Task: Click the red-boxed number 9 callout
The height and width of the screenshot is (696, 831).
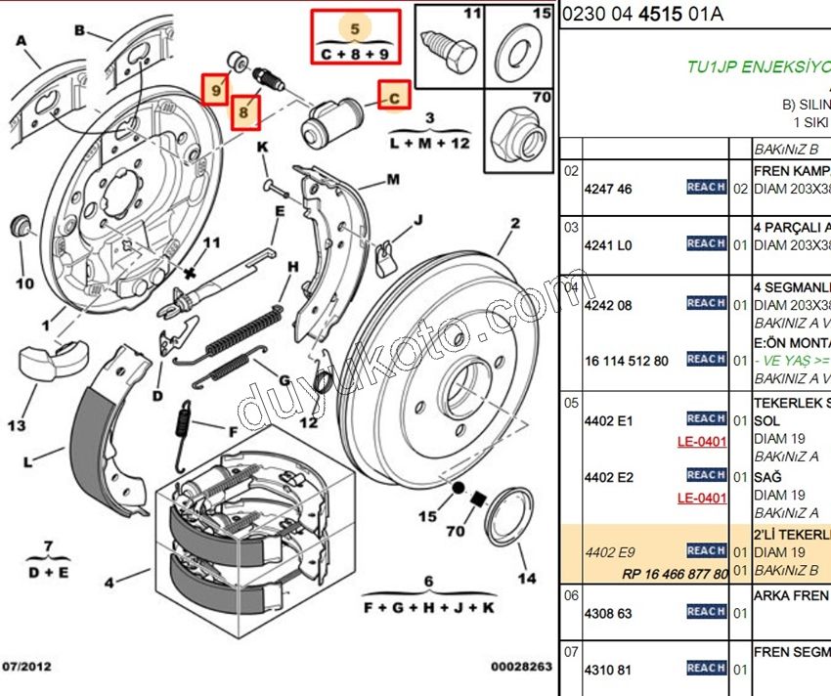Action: (x=216, y=90)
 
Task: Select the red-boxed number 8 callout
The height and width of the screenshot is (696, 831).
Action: (x=245, y=112)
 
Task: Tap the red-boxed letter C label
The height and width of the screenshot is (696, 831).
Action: (x=393, y=96)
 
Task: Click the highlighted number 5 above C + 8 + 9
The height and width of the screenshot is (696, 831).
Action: (x=355, y=30)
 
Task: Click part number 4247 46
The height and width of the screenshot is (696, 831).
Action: (x=608, y=189)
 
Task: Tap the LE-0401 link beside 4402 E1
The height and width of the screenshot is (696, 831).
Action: (x=702, y=441)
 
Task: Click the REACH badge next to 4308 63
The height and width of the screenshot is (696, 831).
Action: (x=706, y=612)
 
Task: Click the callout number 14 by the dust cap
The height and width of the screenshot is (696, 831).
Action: (x=527, y=578)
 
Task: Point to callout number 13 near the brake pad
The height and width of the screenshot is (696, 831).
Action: (x=17, y=426)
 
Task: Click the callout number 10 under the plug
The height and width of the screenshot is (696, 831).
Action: (x=24, y=283)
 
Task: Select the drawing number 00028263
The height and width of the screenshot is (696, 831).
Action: (x=521, y=667)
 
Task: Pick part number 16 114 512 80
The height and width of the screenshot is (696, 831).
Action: (x=627, y=361)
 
